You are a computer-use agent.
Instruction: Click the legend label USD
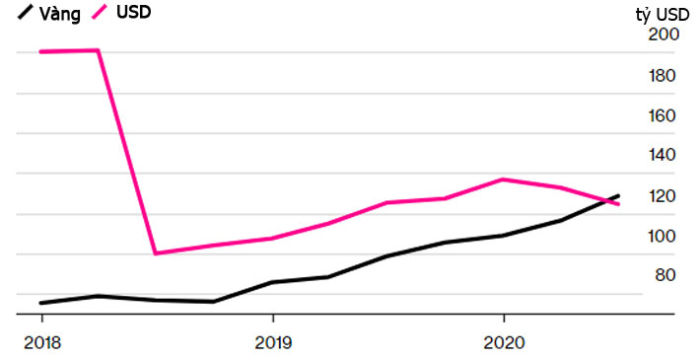click(134, 14)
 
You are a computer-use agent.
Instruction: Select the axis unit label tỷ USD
click(663, 14)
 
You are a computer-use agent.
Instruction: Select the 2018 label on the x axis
click(40, 342)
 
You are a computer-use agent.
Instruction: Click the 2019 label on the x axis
click(272, 342)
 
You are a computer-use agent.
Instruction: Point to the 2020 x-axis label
click(504, 342)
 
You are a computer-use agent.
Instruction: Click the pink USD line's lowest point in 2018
click(156, 253)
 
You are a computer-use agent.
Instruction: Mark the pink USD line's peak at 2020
click(504, 180)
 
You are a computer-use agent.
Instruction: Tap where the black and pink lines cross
click(607, 200)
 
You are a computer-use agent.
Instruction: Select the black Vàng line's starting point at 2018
click(40, 303)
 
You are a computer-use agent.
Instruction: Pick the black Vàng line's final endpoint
click(619, 195)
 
